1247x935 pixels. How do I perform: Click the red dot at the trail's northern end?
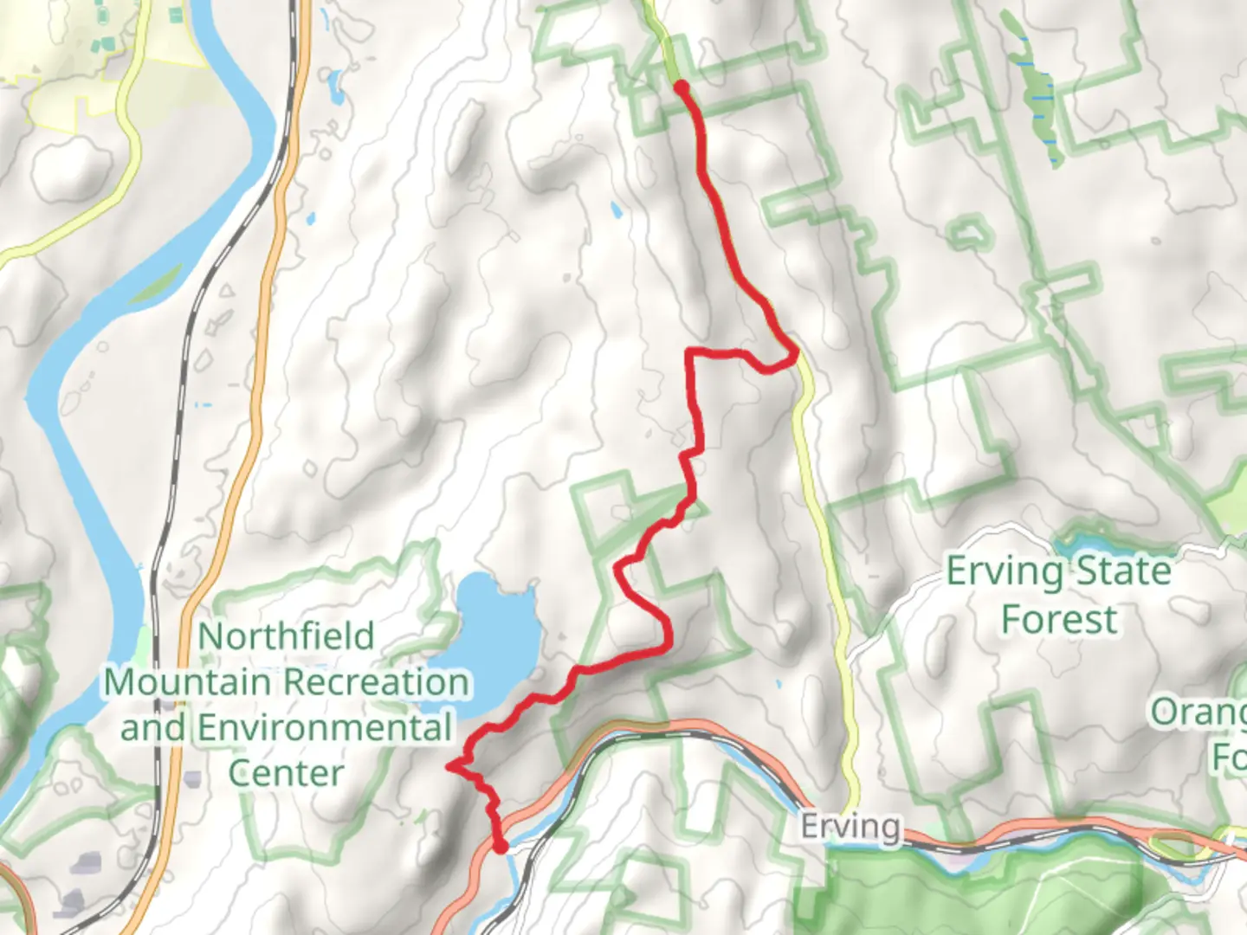682,87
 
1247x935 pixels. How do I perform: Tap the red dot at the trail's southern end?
500,846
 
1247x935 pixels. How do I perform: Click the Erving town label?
850,827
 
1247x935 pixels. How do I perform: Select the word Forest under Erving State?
1058,620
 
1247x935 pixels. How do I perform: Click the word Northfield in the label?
287,636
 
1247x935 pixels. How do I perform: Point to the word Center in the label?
286,773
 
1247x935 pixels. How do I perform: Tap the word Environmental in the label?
325,727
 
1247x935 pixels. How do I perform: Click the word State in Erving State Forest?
1123,571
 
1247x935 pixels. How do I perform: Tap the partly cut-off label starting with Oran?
1200,713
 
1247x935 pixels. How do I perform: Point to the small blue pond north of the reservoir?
616,210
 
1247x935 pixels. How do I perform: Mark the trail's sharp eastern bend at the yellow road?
794,353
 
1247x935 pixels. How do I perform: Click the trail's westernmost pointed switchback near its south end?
449,765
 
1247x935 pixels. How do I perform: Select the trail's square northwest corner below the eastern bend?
689,352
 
